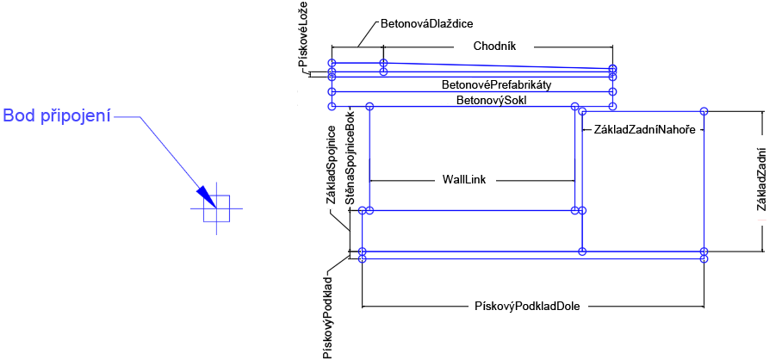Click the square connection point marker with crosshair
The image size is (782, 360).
click(x=216, y=208)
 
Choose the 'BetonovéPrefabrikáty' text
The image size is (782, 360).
click(x=496, y=85)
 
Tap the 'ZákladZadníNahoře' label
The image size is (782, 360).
click(x=644, y=130)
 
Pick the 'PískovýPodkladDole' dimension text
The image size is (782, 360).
click(x=532, y=306)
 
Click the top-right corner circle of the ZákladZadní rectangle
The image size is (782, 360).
click(x=704, y=111)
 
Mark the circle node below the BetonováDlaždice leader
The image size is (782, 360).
click(x=383, y=63)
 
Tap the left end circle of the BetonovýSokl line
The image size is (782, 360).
click(x=332, y=106)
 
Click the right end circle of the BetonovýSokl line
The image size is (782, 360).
click(x=612, y=106)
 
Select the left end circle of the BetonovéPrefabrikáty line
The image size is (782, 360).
click(x=332, y=90)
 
